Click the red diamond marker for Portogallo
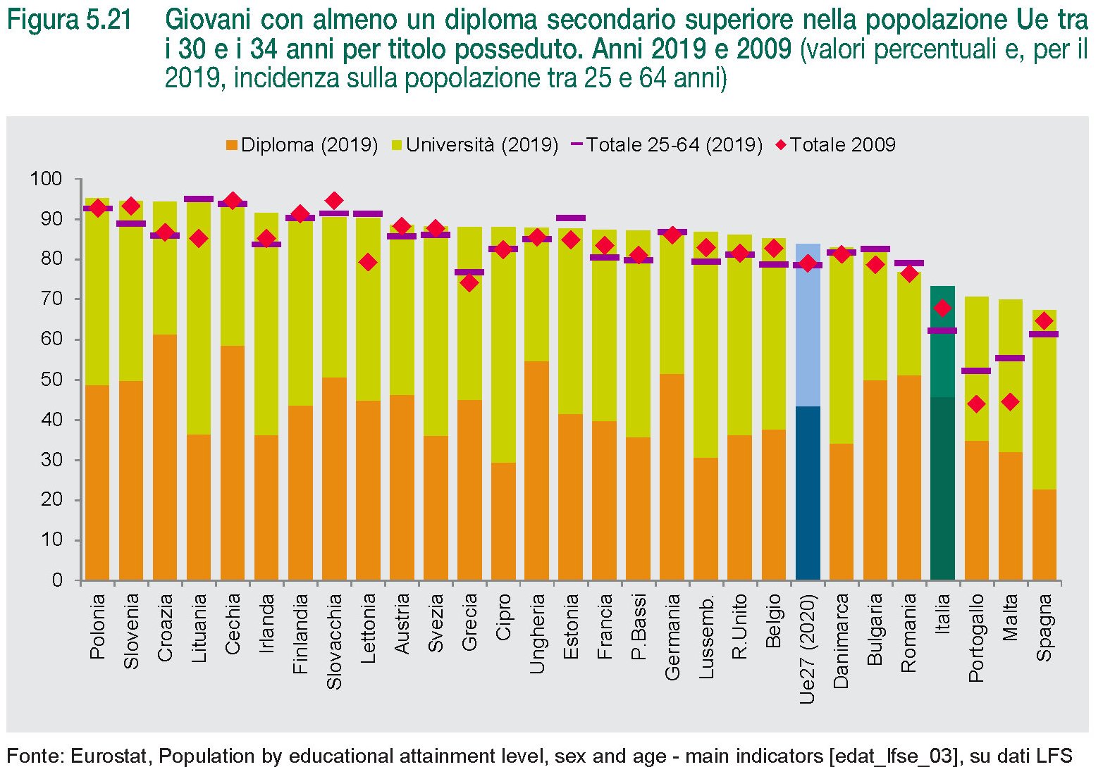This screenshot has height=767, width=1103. [x=976, y=404]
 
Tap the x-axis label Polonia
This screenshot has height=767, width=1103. [x=97, y=626]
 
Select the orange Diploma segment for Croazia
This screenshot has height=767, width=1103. [x=165, y=458]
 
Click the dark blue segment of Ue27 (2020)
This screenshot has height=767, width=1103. [x=808, y=493]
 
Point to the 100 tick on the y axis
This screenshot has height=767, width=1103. [x=46, y=179]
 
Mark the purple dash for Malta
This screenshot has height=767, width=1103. [x=1010, y=358]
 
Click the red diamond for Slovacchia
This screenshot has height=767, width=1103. [x=334, y=201]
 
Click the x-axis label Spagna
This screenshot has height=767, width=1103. [x=1045, y=628]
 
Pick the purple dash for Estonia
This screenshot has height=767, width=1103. [x=571, y=218]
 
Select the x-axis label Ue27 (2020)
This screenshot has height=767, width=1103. [x=808, y=649]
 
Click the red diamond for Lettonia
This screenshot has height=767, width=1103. [x=368, y=263]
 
